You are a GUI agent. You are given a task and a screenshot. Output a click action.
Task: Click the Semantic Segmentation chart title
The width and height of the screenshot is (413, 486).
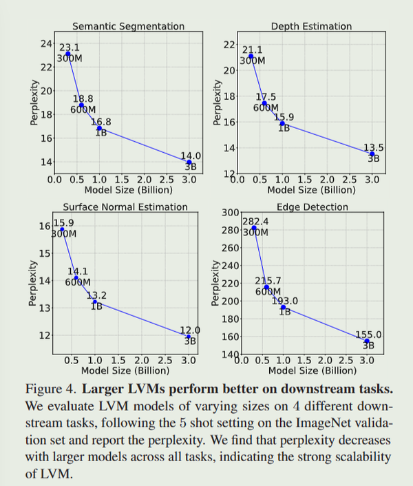click(x=129, y=26)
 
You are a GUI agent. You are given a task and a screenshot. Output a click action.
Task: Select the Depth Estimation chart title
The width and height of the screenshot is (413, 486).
click(x=311, y=26)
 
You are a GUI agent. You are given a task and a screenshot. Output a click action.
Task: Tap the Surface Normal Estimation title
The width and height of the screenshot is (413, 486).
click(x=125, y=207)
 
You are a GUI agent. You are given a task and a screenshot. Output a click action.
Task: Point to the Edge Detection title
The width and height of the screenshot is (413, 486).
click(x=312, y=207)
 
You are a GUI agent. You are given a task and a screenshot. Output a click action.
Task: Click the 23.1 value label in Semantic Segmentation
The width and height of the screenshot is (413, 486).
click(x=70, y=48)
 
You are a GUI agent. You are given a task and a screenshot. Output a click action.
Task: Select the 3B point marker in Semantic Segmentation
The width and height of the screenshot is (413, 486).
click(x=189, y=162)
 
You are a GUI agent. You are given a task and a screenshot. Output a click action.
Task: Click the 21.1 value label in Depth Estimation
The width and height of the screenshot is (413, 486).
click(x=253, y=50)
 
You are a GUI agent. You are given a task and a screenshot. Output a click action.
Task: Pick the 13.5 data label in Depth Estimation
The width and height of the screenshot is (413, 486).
click(x=374, y=147)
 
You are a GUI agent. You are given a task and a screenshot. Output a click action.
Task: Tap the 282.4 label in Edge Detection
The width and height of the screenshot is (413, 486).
click(x=255, y=222)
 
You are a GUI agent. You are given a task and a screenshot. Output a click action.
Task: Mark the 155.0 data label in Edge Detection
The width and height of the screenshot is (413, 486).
click(x=368, y=335)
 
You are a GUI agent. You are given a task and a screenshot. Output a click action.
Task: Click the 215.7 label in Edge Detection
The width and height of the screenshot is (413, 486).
click(x=268, y=281)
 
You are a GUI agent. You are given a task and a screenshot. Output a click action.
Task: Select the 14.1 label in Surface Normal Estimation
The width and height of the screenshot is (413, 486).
click(x=78, y=271)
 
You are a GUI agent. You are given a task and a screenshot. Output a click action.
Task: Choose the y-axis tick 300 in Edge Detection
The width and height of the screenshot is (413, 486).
click(x=230, y=213)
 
